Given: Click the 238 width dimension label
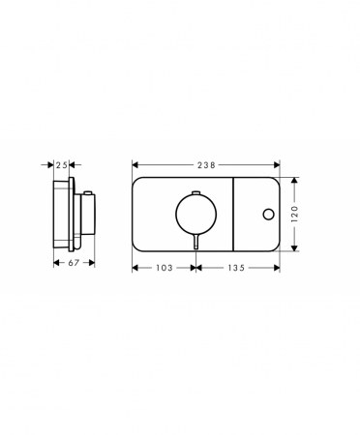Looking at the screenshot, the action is coord(206,165).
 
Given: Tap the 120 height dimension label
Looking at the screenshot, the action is coord(295,214).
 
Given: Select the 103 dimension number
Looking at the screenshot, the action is coord(165,268).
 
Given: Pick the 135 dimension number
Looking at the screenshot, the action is coord(236,268).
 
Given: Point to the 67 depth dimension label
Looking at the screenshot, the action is coord(74,263).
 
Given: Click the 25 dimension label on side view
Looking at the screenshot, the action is coord(61,165).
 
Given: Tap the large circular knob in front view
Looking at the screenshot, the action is coord(195,214).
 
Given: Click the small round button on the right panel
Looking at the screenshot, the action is coord(268,215).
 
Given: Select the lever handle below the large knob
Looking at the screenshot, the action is coord(196,242).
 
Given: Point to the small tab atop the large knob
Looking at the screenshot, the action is coord(196,192).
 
